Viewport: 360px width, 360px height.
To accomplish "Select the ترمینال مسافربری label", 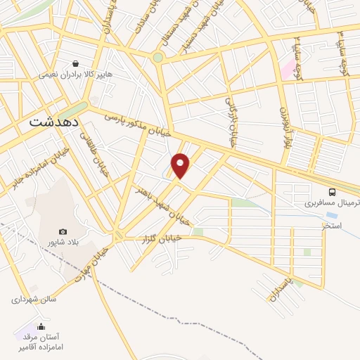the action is tap(326, 204).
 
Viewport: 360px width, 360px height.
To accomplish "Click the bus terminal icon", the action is tap(332, 191).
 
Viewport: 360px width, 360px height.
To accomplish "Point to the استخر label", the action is tap(332, 226).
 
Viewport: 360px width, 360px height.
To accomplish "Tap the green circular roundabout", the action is tap(158, 58).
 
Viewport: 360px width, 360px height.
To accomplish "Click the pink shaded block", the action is tap(287, 69).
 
